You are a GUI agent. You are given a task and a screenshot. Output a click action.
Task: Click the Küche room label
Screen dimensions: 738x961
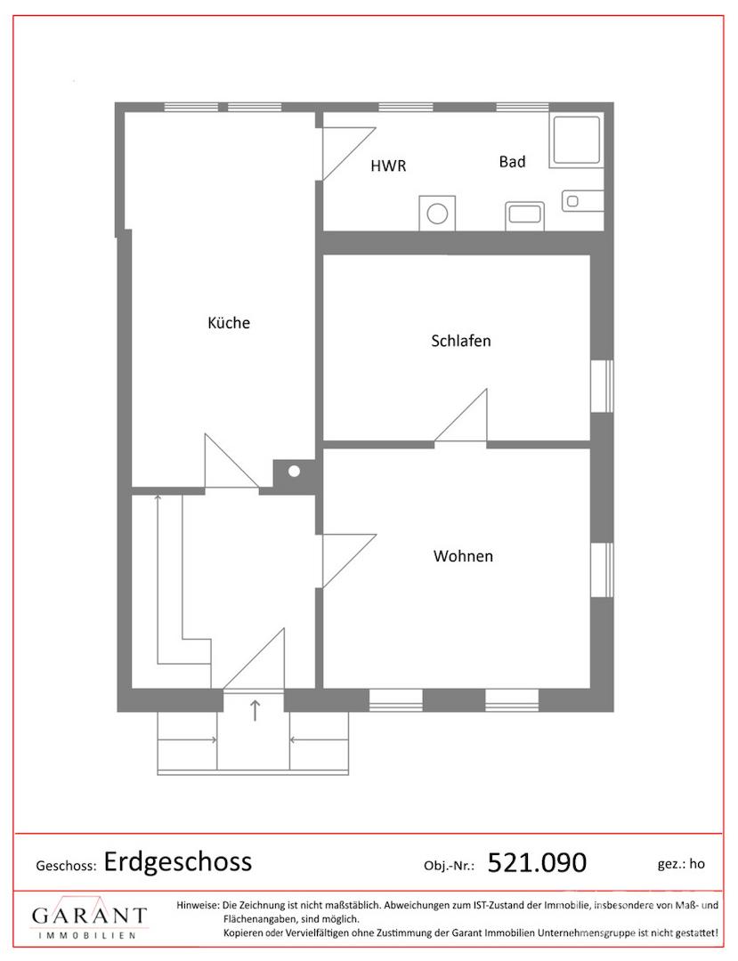[x=229, y=323]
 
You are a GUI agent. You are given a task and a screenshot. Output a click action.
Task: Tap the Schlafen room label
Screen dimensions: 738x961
[x=461, y=341]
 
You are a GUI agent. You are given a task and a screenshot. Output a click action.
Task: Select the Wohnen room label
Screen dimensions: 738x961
[x=463, y=556]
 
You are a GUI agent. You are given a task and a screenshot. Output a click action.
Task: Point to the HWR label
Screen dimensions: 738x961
[x=388, y=166]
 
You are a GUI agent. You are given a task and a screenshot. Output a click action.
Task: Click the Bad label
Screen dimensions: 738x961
[x=513, y=162]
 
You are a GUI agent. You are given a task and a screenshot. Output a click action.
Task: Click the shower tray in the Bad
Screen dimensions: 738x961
[x=576, y=140]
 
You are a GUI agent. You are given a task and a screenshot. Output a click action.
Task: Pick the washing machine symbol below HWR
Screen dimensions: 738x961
[x=437, y=214]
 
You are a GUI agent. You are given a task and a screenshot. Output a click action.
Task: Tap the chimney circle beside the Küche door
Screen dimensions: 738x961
[x=294, y=472]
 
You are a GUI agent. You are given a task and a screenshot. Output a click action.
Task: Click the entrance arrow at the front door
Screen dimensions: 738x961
[x=255, y=710]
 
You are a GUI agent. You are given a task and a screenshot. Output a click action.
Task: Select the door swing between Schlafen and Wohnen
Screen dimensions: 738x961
[x=461, y=415]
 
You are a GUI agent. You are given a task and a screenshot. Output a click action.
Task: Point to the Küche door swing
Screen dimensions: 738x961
[x=231, y=461]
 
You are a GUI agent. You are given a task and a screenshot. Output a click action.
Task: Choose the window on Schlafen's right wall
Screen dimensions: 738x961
[x=602, y=386]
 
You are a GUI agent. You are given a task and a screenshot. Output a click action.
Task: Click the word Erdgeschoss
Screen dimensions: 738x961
[x=178, y=861]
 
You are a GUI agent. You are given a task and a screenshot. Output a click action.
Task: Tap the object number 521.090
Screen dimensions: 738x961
[x=537, y=863]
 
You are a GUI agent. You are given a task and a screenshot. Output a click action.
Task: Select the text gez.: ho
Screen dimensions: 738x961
[x=681, y=864]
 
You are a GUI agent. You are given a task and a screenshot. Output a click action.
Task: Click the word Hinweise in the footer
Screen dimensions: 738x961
[x=198, y=905]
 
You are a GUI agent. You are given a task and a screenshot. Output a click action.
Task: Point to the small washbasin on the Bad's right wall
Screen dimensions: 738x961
[x=582, y=201]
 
